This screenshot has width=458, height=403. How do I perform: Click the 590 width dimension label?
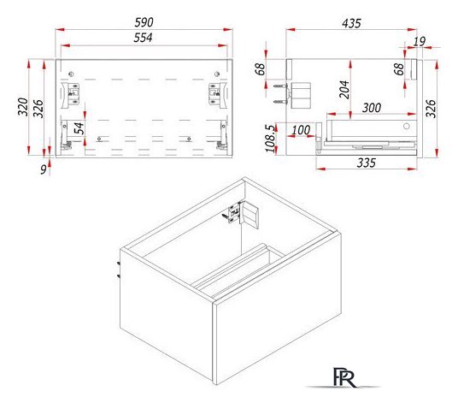click(144, 22)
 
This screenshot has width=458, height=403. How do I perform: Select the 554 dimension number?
click(143, 38)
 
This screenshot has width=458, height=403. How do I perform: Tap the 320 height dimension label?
click(23, 107)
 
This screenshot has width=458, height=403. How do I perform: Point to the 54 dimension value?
click(79, 128)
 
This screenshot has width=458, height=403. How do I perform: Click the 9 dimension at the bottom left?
click(44, 169)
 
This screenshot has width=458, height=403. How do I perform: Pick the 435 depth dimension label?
click(351, 23)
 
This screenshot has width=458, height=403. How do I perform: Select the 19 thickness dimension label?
click(420, 42)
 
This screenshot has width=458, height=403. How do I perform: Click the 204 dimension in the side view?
click(344, 90)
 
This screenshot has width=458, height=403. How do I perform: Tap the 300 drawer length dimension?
click(372, 108)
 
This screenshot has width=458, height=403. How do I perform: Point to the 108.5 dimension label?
click(271, 139)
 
